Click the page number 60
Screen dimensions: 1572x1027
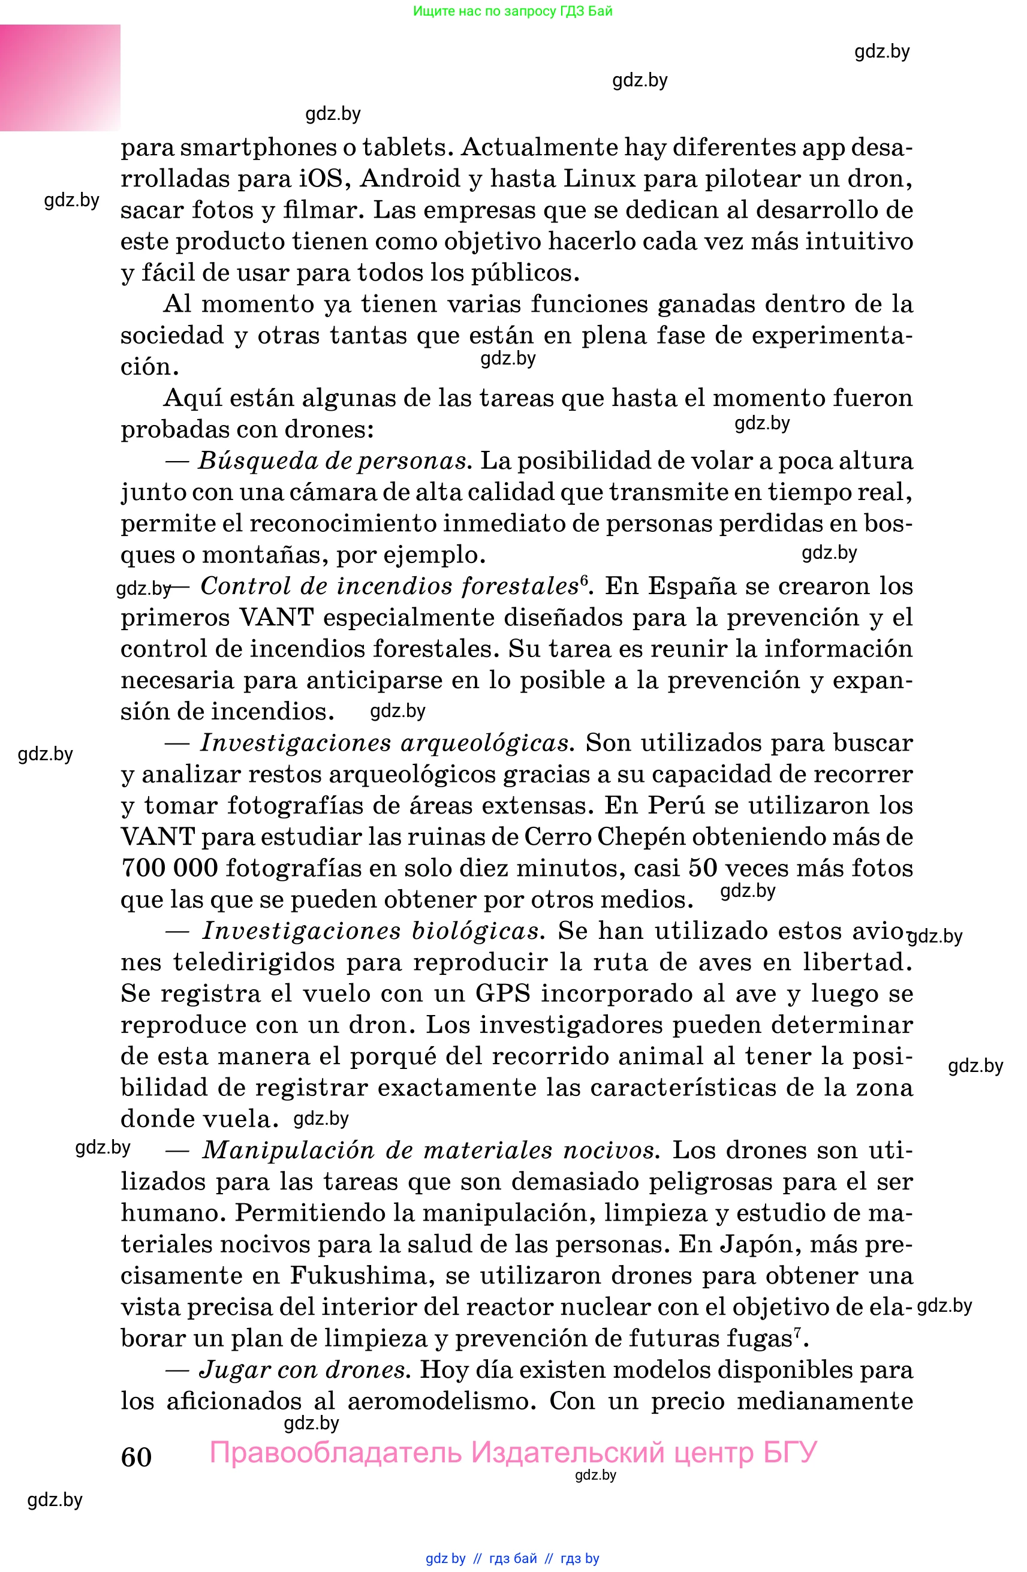pyautogui.click(x=136, y=1456)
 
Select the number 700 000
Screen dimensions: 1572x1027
pyautogui.click(x=169, y=868)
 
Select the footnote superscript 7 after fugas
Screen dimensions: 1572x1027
pyautogui.click(x=797, y=1332)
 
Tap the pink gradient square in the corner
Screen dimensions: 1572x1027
pyautogui.click(x=60, y=77)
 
